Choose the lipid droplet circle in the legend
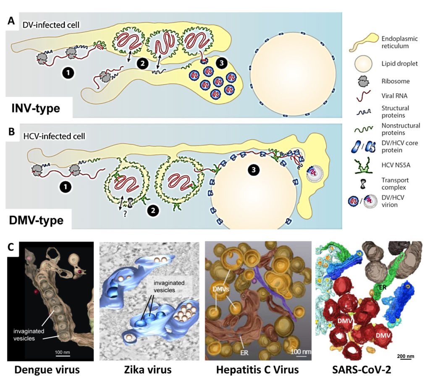click(x=363, y=64)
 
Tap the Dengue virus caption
click(x=47, y=370)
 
